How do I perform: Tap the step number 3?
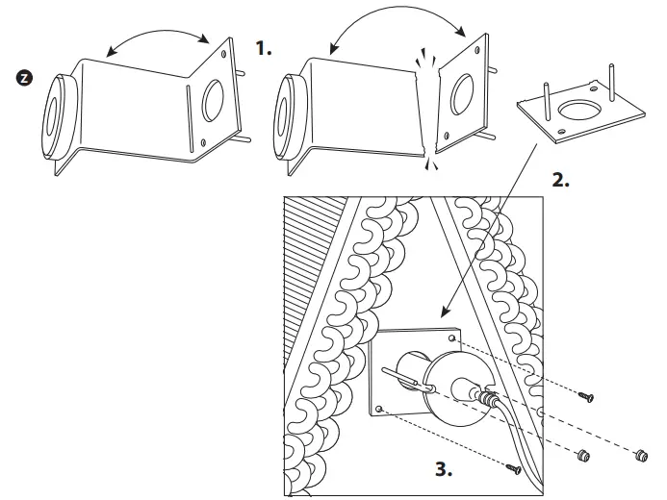pos(442,471)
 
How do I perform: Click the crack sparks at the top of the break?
pos(424,59)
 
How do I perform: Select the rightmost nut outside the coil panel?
pos(638,452)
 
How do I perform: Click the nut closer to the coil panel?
pos(580,455)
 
